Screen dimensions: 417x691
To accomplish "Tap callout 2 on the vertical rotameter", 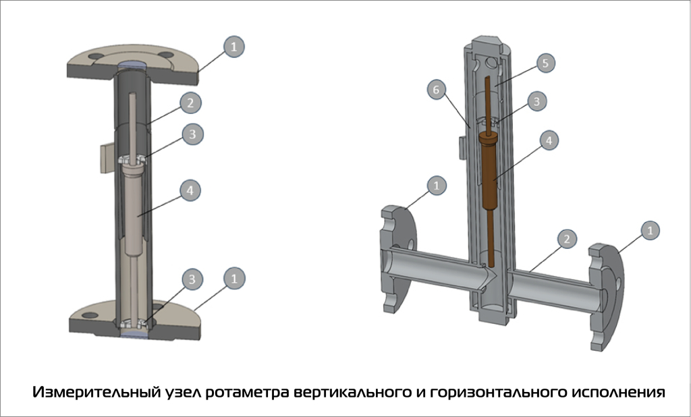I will (x=192, y=103).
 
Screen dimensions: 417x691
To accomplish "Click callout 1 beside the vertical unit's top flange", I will (x=233, y=47).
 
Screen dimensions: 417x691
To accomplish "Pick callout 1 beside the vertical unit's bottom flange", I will (x=233, y=277).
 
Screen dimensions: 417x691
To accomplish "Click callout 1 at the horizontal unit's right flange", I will (x=650, y=231).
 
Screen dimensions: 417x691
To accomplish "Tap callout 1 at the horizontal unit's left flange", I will (x=439, y=184).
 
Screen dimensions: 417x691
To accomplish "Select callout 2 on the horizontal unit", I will (x=568, y=238).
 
